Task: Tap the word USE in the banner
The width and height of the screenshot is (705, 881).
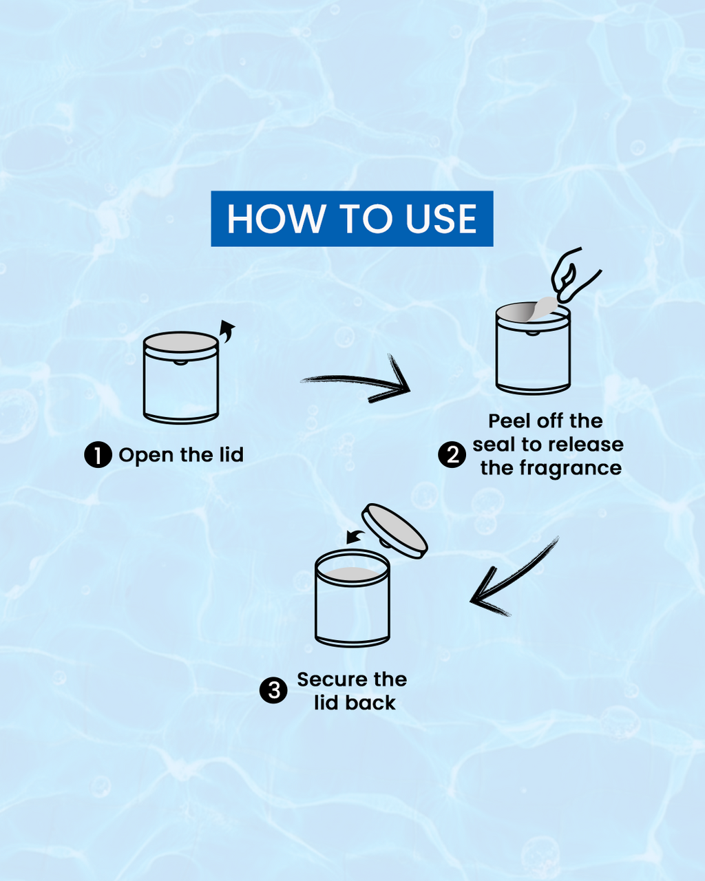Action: tap(441, 219)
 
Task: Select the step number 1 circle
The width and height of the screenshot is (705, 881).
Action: tap(98, 455)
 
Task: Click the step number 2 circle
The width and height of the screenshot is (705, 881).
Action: tap(452, 455)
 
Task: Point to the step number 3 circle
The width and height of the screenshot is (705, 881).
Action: tap(273, 690)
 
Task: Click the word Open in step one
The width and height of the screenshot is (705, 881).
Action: tap(146, 456)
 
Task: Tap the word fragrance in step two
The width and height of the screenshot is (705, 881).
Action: tap(571, 469)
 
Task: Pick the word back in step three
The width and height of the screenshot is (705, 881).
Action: tap(370, 703)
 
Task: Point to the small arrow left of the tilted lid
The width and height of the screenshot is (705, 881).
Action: tap(355, 537)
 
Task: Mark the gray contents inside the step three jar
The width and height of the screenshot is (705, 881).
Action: tap(352, 574)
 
